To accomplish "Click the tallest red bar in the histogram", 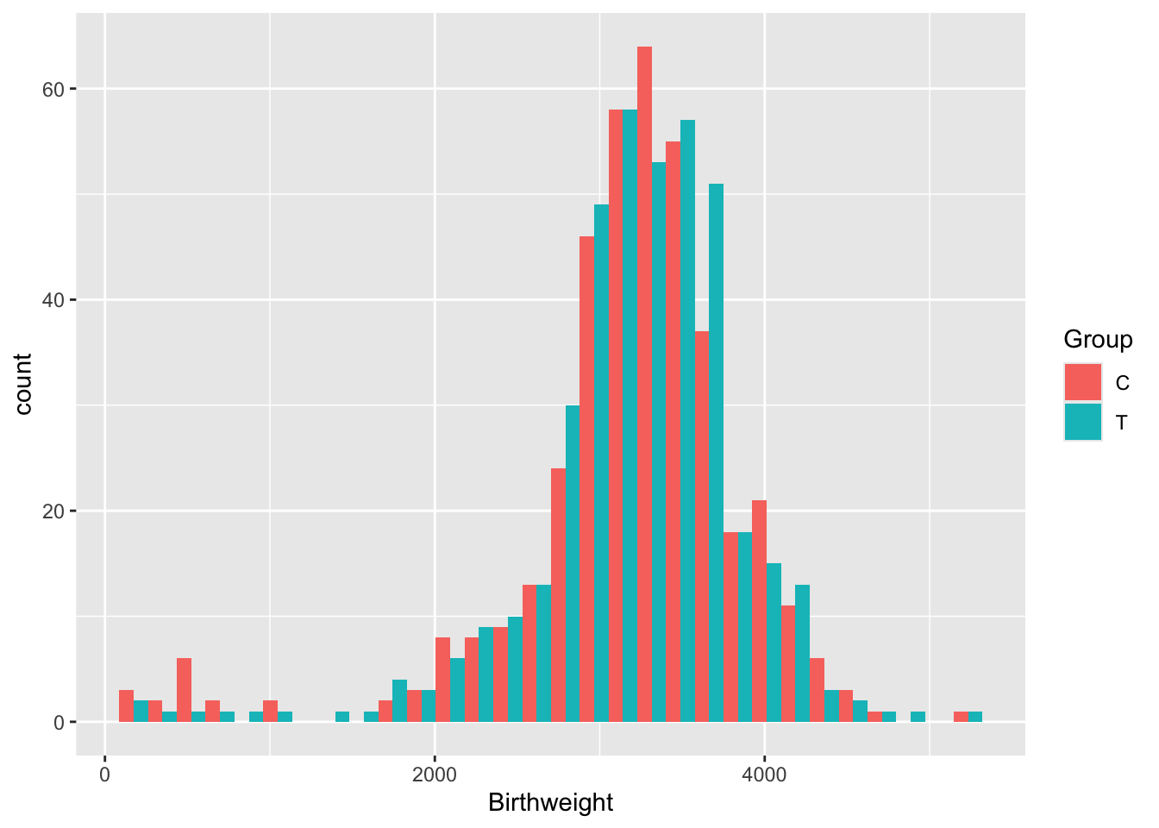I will click(644, 384).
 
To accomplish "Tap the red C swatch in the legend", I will click(1082, 382).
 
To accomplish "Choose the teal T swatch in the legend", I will click(1082, 422).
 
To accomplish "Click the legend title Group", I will click(1098, 340).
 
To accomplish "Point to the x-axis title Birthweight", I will click(550, 803).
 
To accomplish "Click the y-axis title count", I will click(23, 384).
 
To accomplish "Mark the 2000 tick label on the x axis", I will click(435, 775).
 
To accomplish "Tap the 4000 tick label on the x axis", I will click(764, 775).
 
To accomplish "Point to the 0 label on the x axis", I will click(105, 775).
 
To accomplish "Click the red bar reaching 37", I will click(702, 526).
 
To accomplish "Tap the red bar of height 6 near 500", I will click(184, 690).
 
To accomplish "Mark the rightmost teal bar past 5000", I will click(975, 717).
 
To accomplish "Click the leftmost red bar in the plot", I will click(126, 706).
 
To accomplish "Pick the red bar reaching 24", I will click(558, 595).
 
